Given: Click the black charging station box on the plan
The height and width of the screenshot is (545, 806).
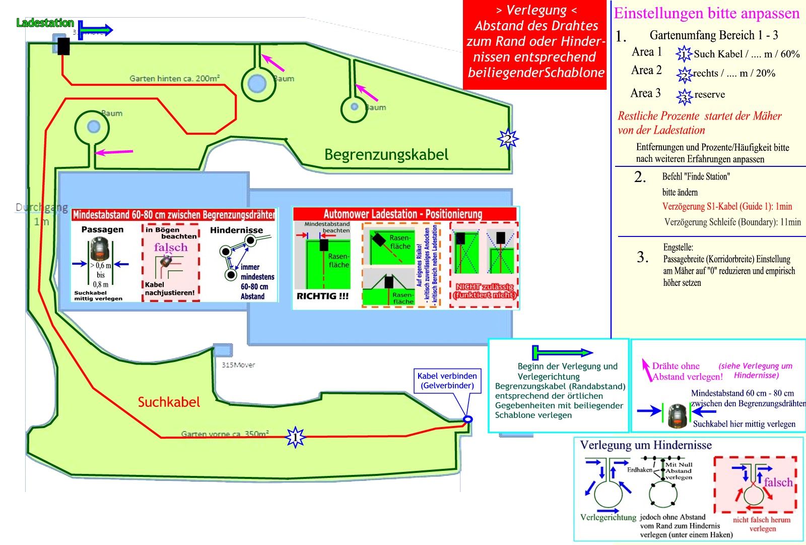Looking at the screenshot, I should (x=63, y=46).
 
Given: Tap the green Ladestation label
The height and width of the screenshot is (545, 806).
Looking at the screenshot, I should (x=45, y=23).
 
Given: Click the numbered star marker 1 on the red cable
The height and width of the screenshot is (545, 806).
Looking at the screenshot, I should (x=295, y=437).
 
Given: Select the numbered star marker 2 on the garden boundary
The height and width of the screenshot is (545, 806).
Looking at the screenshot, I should (x=508, y=139).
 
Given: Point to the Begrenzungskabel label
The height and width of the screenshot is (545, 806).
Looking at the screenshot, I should (x=386, y=154).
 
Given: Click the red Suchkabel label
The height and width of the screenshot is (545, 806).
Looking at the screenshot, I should (x=169, y=402).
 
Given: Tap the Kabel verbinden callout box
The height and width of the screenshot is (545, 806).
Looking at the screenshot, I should (x=447, y=381).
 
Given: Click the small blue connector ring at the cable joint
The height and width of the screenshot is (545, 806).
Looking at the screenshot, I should (x=467, y=419).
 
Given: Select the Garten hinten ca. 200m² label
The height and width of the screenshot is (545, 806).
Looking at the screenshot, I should (x=174, y=78).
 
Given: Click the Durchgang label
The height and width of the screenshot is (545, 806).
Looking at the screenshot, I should (x=41, y=208).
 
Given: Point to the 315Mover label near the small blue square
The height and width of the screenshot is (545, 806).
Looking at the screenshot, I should (x=238, y=365).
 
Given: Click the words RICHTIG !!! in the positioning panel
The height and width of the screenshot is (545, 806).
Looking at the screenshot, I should (x=322, y=296).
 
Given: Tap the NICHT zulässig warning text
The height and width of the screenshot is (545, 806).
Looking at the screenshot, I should (x=485, y=291).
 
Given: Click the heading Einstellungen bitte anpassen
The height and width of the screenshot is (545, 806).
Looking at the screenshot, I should (x=706, y=14).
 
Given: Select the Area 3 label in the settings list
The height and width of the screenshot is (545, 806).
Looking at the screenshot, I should (x=645, y=93).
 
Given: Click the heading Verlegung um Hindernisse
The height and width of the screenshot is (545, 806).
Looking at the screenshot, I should (x=646, y=445).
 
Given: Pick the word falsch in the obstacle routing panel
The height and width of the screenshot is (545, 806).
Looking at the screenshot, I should (x=778, y=482).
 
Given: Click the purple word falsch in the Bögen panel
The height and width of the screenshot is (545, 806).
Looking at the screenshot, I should (x=171, y=247).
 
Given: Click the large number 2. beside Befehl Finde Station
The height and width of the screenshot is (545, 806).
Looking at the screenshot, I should (x=640, y=177).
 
